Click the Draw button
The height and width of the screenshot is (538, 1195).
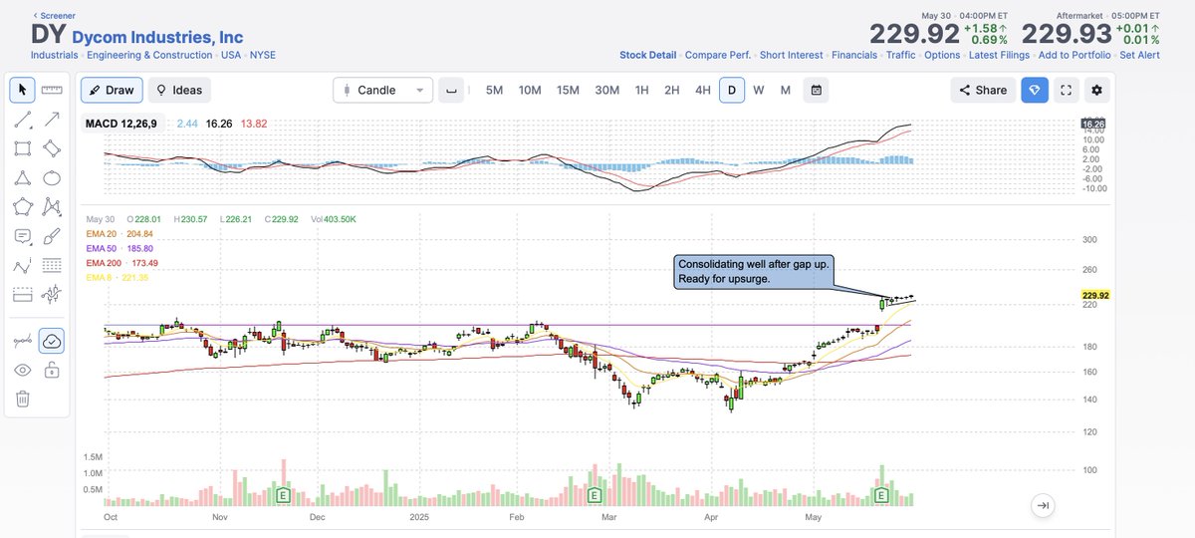point(111,90)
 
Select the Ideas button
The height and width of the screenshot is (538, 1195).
point(179,90)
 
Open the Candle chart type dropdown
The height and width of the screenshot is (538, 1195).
point(382,90)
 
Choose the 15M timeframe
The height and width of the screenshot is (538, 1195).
point(568,90)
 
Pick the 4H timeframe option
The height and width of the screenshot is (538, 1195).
point(703,90)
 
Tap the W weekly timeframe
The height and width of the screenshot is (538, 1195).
point(759,90)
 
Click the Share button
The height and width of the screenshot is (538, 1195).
point(982,90)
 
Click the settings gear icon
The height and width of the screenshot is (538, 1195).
point(1096,90)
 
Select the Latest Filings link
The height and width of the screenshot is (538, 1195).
point(999,56)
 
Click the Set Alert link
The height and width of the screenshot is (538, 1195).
point(1139,56)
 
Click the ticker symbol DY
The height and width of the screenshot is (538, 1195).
point(48,35)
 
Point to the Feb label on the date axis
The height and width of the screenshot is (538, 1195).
point(516,518)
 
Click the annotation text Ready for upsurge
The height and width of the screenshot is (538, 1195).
point(724,279)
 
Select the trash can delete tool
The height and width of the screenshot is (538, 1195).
point(22,399)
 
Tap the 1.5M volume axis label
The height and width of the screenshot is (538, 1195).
point(93,458)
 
